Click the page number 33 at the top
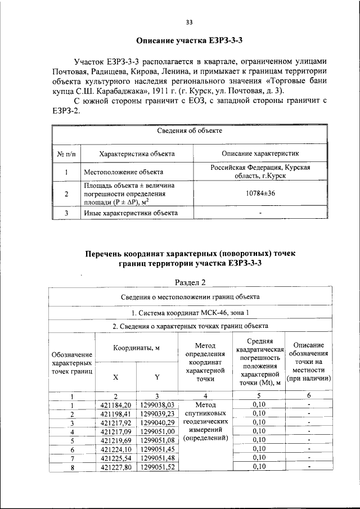coord(189,22)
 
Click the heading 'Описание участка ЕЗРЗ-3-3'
coord(189,41)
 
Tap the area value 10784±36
coord(260,194)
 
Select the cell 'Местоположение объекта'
coord(124,172)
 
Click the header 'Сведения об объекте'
coord(189,130)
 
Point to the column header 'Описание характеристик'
coord(260,153)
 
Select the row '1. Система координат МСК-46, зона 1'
coord(189,312)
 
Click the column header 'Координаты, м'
coord(137,348)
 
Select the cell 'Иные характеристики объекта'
coord(130,213)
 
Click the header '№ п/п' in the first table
coord(66,153)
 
